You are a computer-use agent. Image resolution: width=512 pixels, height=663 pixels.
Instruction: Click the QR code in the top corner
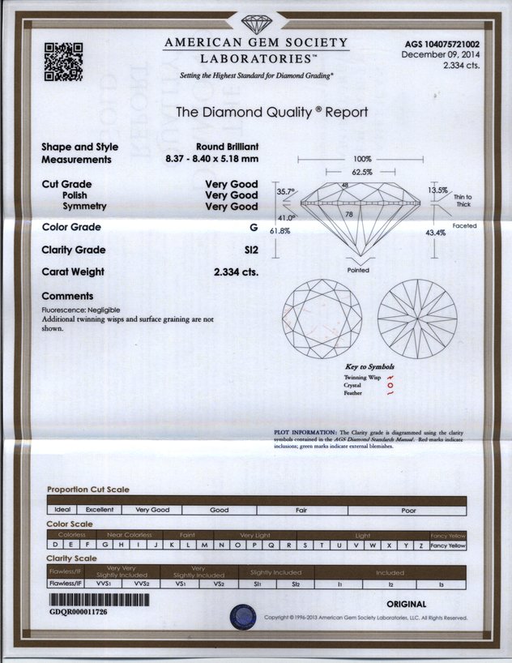pos(63,62)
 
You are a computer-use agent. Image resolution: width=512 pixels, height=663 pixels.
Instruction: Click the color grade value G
pos(254,228)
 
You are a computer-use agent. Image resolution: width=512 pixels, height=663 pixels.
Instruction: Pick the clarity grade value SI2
pos(250,250)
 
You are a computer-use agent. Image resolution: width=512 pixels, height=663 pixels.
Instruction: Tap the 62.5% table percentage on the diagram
pos(361,172)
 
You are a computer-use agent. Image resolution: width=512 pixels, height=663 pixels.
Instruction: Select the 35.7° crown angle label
pos(286,192)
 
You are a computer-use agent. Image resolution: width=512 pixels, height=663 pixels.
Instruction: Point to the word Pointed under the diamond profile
pos(358,270)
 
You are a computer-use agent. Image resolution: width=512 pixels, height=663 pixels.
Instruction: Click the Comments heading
pos(67,296)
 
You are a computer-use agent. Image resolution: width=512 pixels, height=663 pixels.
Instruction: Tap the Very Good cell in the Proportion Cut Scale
pos(151,510)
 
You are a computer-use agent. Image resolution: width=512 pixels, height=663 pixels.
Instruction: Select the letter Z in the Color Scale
pos(421,545)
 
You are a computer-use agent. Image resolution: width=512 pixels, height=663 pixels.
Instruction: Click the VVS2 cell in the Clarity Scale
pos(141,584)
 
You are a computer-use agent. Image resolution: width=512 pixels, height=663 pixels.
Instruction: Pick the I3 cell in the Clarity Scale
pos(442,584)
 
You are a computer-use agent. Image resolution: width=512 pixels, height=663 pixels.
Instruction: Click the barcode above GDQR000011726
pos(99,601)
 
